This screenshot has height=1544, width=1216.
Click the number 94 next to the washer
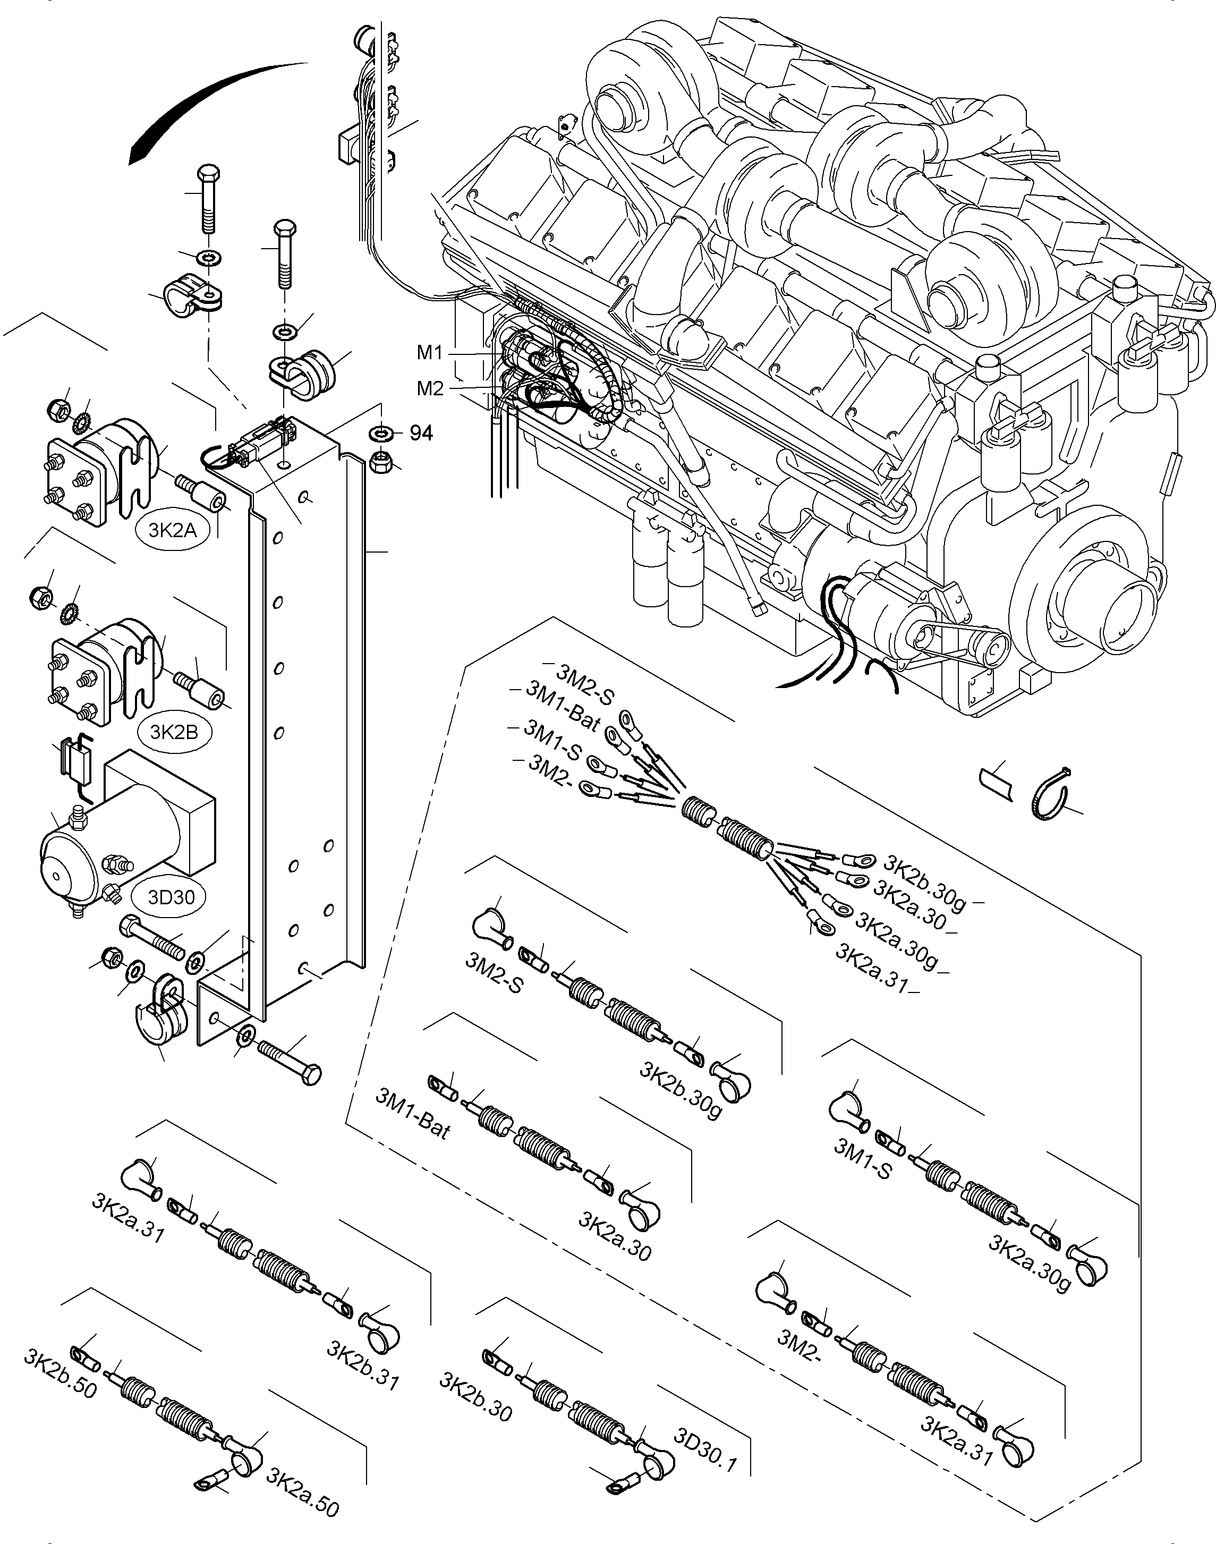421,433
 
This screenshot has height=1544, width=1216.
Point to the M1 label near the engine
430,352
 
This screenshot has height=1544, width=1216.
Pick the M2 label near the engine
430,388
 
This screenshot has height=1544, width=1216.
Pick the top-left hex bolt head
207,173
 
